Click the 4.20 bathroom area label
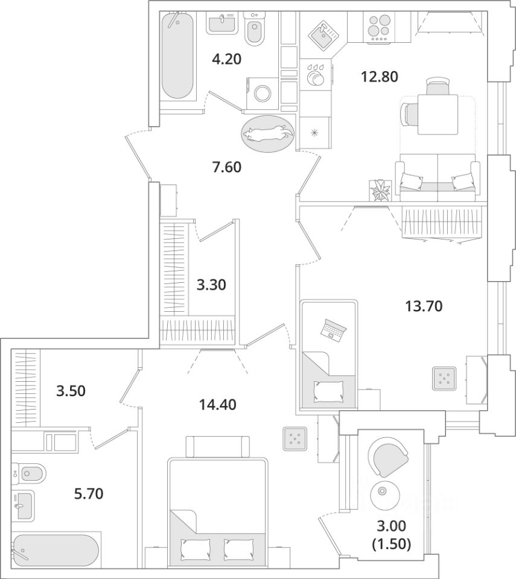(x=226, y=59)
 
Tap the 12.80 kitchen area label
(x=379, y=77)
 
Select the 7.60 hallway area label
(x=226, y=167)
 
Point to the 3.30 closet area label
(x=211, y=285)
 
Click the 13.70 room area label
(x=424, y=306)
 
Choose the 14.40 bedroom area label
(x=218, y=405)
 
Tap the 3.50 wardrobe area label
(x=71, y=391)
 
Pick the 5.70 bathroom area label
(x=89, y=493)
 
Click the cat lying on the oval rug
(x=268, y=133)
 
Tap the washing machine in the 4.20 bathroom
(x=262, y=93)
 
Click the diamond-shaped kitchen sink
(x=324, y=33)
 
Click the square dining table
(x=438, y=115)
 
